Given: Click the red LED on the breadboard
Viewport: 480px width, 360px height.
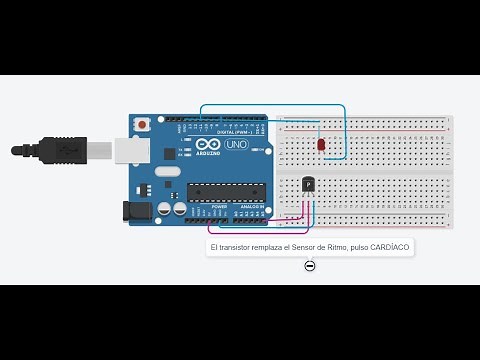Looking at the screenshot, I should point(321,145).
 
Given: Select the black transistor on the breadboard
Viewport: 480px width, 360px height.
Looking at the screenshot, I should point(308,184).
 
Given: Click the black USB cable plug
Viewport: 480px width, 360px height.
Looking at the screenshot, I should point(59,149).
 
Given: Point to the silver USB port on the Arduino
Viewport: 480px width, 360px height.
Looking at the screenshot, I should point(130,149).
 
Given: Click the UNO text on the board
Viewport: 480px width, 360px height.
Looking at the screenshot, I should point(236,144).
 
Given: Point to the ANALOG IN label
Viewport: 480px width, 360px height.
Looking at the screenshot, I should point(251,207).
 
